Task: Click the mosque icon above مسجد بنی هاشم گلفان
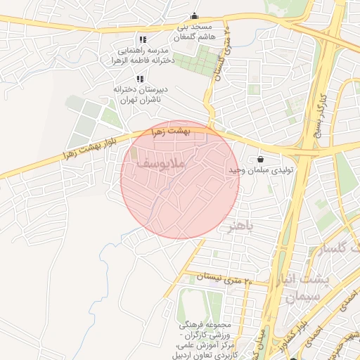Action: (x=195, y=17)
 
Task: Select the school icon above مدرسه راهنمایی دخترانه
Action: (x=143, y=40)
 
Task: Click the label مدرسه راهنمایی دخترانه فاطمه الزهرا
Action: (x=145, y=56)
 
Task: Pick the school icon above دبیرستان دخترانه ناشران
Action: (x=140, y=79)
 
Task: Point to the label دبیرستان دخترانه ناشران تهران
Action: (x=137, y=94)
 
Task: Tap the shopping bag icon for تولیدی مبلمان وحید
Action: (x=261, y=158)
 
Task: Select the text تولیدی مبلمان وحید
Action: (x=254, y=171)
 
